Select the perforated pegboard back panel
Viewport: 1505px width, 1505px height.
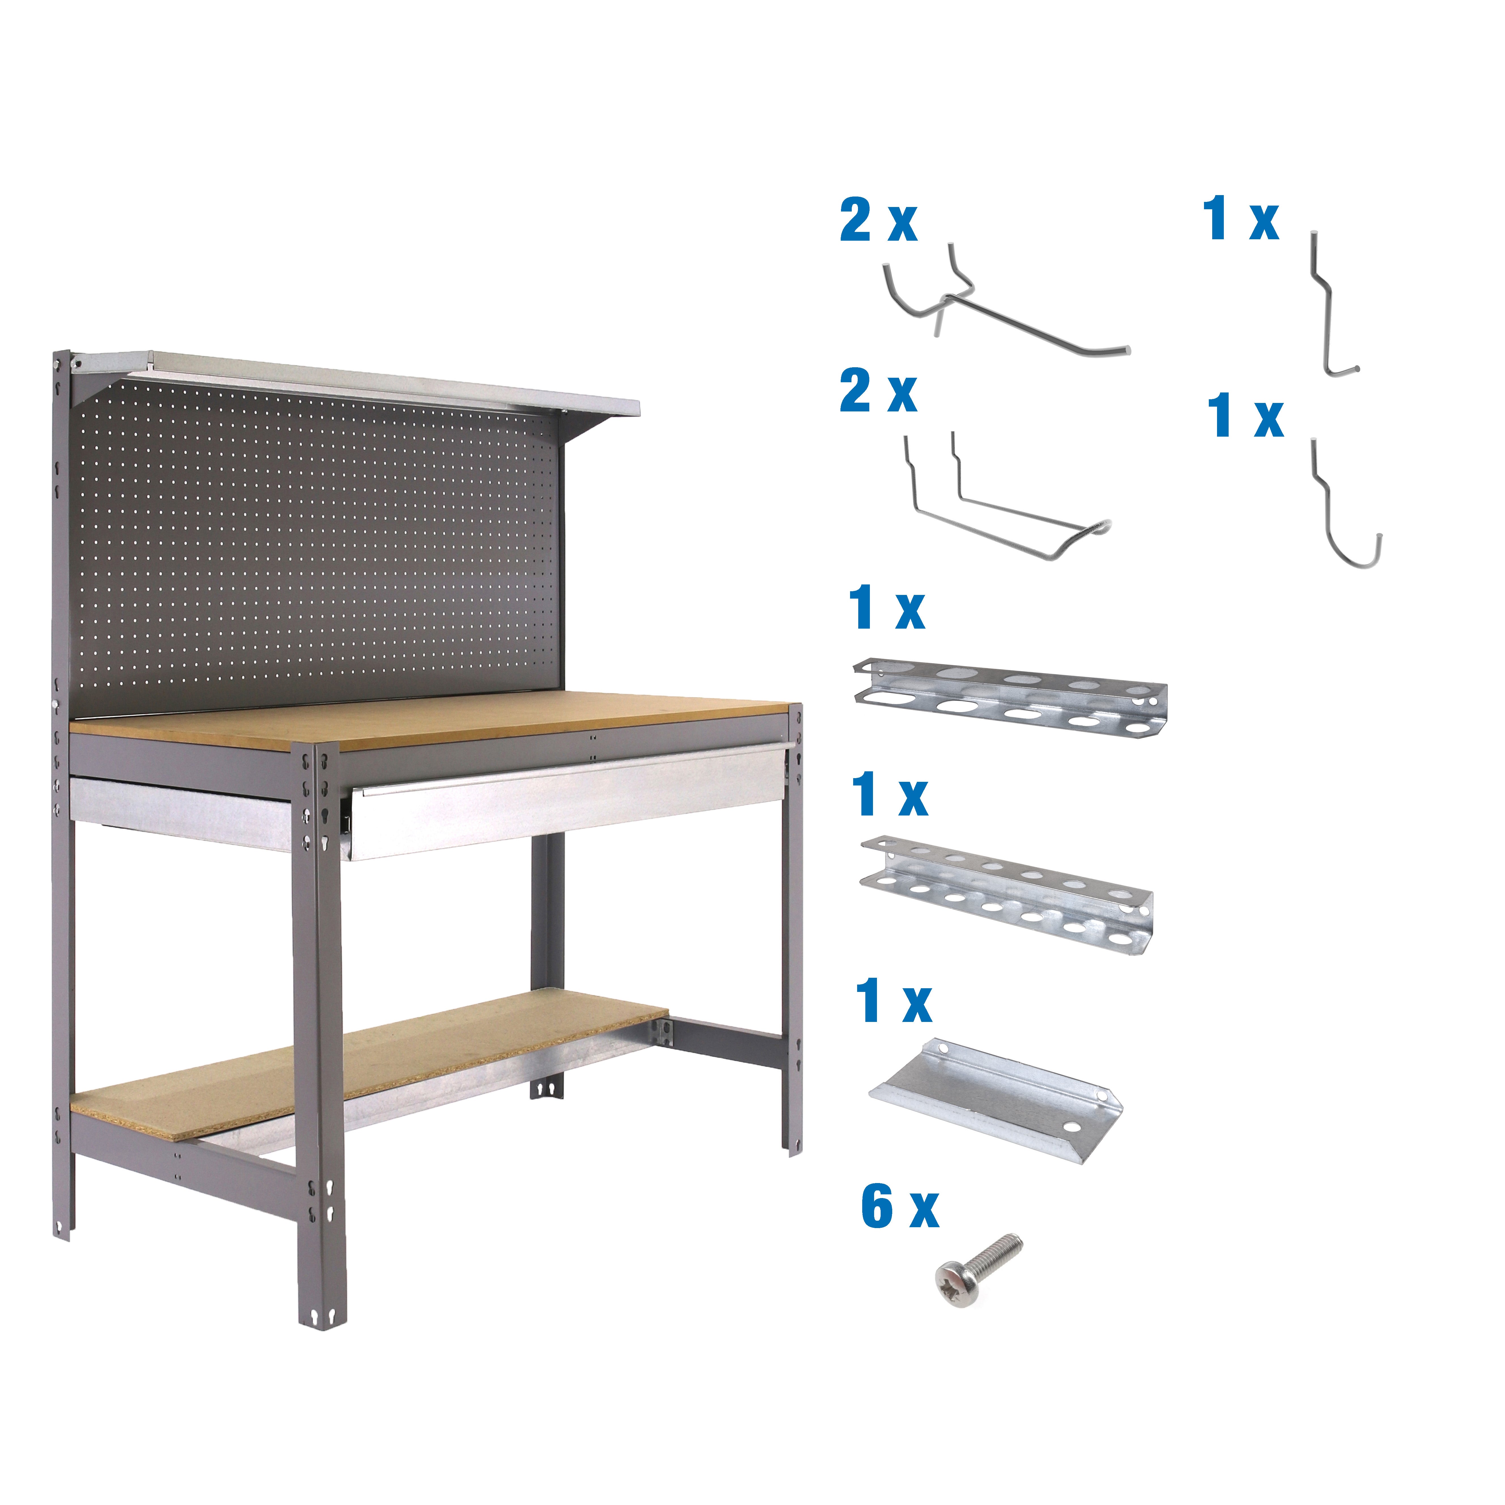tap(319, 545)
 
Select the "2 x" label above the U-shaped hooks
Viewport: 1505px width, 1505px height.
tap(878, 392)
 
